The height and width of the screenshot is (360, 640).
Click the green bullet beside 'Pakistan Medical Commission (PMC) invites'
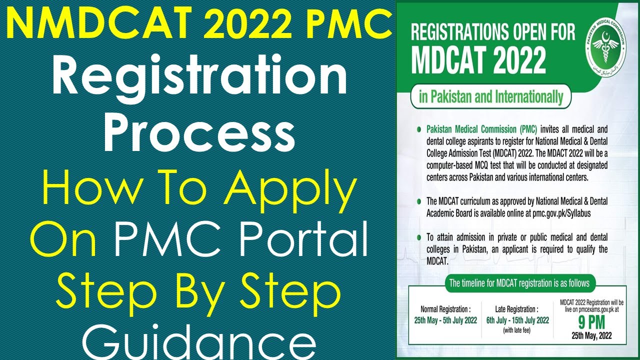pyautogui.click(x=418, y=129)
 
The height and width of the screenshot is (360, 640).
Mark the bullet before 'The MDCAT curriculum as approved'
pyautogui.click(x=418, y=201)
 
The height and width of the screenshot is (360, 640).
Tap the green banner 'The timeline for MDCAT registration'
pyautogui.click(x=519, y=283)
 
